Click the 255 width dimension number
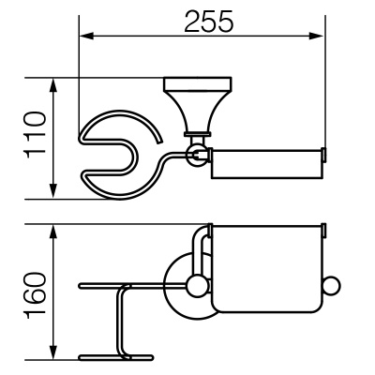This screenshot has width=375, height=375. click(x=209, y=22)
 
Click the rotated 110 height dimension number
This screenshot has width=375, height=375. click(x=36, y=135)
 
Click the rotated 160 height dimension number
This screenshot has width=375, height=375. click(x=36, y=295)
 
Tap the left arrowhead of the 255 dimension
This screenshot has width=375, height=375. click(x=86, y=36)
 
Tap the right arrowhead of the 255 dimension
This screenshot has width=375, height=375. click(x=316, y=36)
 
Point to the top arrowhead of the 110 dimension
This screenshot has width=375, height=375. click(x=53, y=85)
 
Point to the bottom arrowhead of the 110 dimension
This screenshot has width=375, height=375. click(x=53, y=191)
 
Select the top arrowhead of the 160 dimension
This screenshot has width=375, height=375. click(x=53, y=232)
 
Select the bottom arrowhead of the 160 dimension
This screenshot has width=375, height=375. click(x=53, y=352)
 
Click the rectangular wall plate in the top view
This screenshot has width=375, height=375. click(x=198, y=83)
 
